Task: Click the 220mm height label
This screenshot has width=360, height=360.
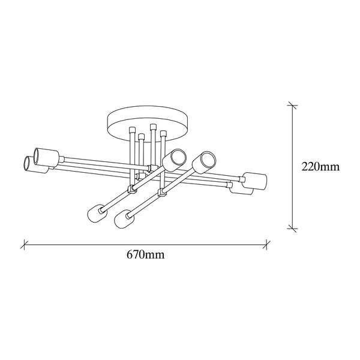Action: (x=320, y=167)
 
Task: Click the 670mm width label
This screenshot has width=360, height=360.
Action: (x=146, y=254)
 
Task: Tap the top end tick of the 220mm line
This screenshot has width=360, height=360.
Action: (x=292, y=105)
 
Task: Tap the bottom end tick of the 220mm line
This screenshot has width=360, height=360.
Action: (x=292, y=229)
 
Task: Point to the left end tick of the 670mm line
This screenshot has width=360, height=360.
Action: (x=24, y=245)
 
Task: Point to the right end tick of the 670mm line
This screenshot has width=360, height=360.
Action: (x=266, y=245)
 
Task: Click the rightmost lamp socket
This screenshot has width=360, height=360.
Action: (x=255, y=181)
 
